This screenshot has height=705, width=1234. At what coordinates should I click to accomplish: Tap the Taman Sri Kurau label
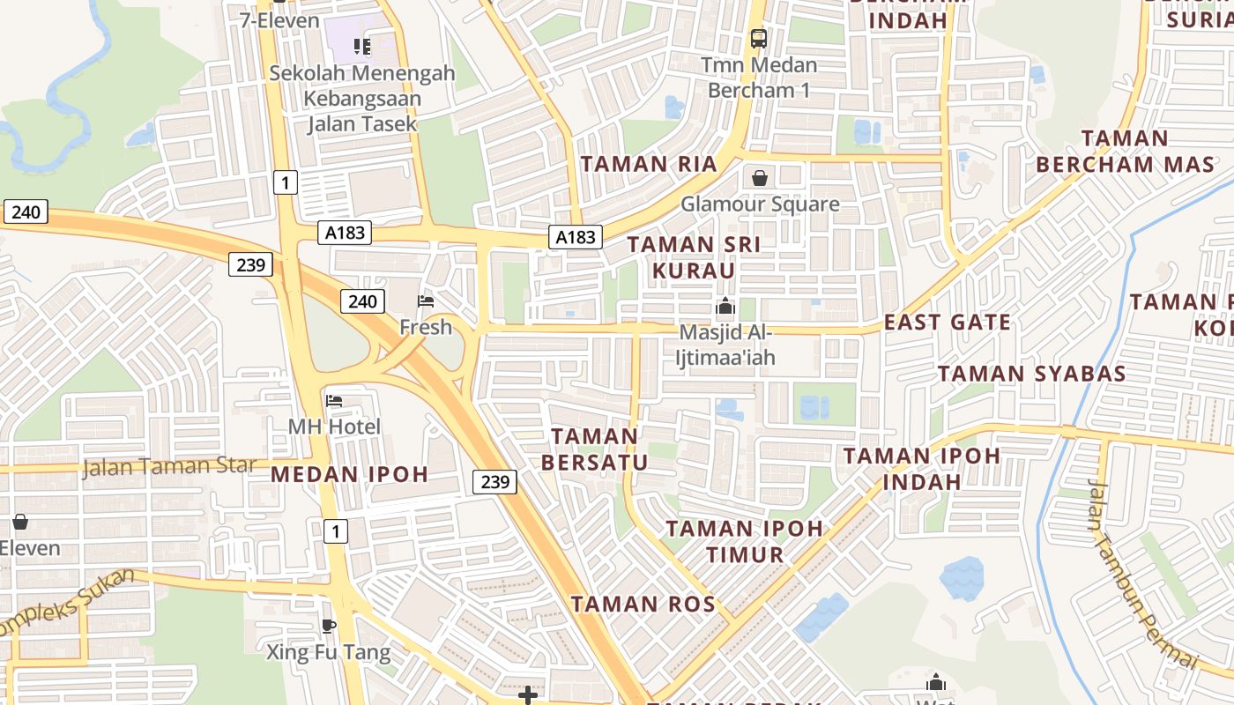tap(694, 257)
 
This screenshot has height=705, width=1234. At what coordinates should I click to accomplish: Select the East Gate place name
tap(948, 323)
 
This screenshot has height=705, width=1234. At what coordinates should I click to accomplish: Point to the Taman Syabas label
tap(1031, 374)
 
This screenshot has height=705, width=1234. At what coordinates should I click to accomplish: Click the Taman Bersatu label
tap(594, 449)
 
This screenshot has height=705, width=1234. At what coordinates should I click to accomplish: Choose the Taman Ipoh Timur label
tap(745, 542)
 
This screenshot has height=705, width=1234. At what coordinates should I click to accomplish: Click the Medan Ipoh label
tap(349, 475)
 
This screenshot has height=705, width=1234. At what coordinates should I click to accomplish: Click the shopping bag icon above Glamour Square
tap(760, 179)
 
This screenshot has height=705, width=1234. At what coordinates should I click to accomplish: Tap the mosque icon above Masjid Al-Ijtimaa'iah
tap(725, 307)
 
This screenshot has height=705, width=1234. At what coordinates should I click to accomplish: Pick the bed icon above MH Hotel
tap(334, 401)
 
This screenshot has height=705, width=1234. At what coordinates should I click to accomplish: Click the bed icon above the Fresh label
tap(426, 301)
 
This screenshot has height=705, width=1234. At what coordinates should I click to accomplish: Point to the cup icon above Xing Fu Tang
tap(329, 627)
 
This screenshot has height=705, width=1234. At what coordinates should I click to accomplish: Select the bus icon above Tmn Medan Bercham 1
tap(759, 39)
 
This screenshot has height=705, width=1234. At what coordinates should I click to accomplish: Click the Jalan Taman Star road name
tap(169, 466)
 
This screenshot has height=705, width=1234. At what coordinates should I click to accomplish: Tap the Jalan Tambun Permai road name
tap(1142, 573)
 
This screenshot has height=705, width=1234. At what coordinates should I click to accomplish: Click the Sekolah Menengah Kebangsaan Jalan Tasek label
tap(362, 99)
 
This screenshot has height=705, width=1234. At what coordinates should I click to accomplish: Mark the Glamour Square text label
tap(760, 204)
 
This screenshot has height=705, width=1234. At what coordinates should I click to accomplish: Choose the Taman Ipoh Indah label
tap(922, 469)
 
